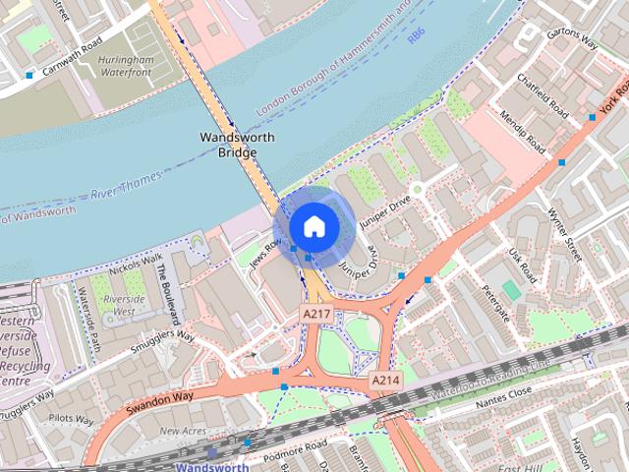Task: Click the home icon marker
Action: tap(314, 226)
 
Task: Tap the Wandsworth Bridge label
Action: tap(237, 145)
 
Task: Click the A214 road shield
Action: tap(384, 380)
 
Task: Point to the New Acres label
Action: tap(183, 431)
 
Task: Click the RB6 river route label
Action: tap(417, 32)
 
